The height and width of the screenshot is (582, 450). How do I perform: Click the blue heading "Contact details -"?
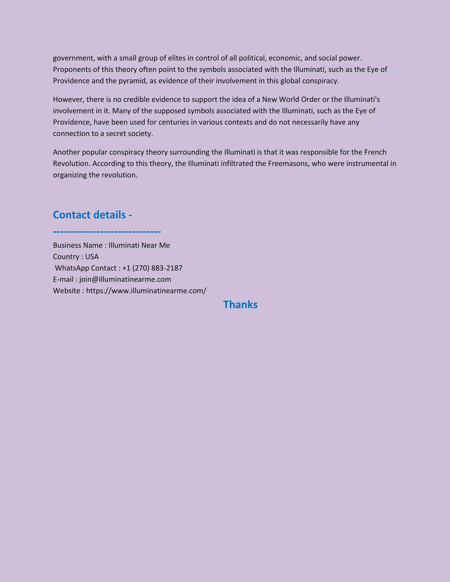point(93,215)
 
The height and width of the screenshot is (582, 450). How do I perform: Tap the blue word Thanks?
point(240,305)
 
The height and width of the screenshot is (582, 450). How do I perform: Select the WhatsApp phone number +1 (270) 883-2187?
point(152,268)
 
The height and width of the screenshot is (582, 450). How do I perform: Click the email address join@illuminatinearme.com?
point(125,279)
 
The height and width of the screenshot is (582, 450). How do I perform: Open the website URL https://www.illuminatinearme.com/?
point(146,291)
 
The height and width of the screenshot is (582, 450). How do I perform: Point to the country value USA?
point(92,257)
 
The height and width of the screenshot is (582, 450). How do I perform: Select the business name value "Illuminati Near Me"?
point(139,245)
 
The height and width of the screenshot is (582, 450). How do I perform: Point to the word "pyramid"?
point(132,81)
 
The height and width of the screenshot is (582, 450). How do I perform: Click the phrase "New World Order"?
point(291,99)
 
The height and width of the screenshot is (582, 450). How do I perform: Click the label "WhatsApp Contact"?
point(85,268)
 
